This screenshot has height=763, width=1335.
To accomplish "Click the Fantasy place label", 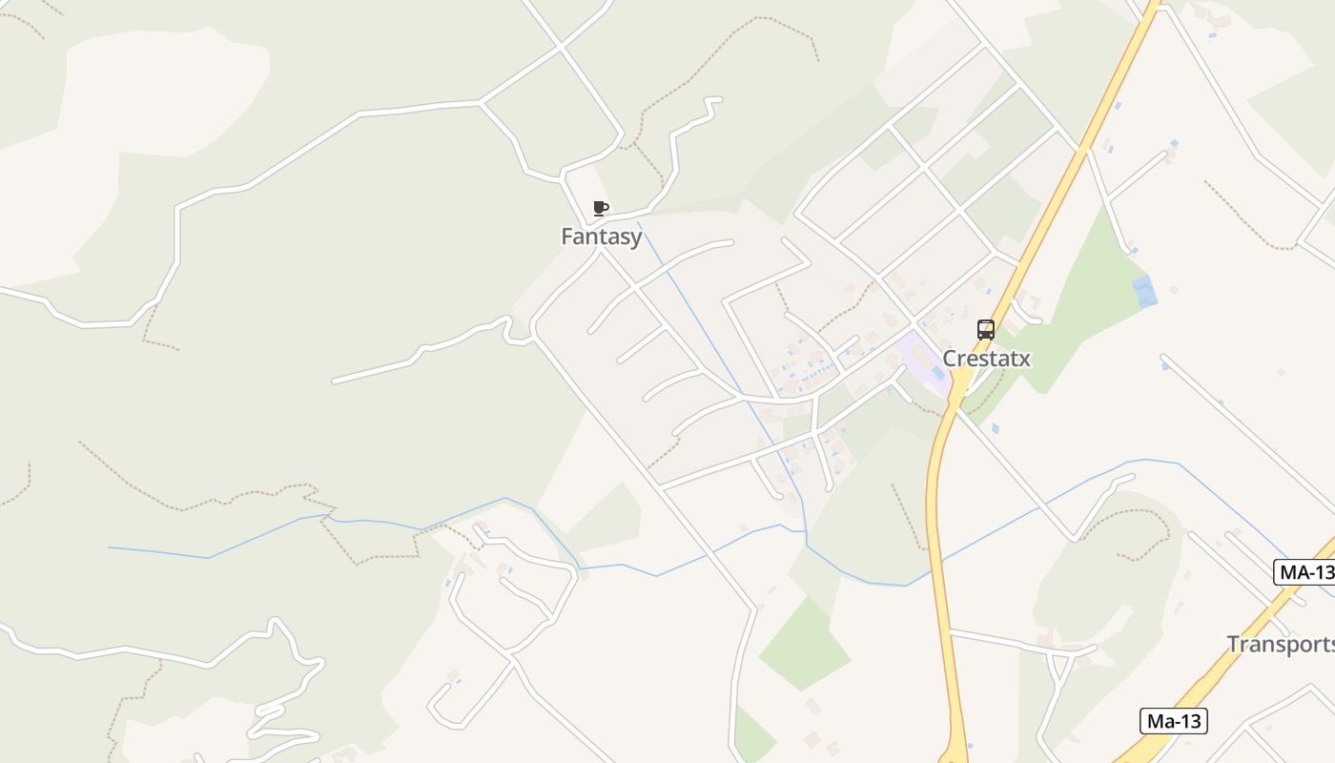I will (x=601, y=237).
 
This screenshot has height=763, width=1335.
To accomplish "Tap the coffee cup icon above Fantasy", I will (x=600, y=208).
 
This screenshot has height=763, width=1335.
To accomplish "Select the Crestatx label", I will (x=986, y=359).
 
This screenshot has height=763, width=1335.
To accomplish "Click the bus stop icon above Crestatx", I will (x=986, y=330).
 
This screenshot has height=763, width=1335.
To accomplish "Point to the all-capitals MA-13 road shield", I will (x=1305, y=572).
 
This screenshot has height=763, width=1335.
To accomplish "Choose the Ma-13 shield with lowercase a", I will (x=1173, y=721).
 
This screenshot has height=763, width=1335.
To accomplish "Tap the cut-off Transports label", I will (x=1280, y=644).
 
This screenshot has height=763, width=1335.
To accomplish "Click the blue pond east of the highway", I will (x=1143, y=291).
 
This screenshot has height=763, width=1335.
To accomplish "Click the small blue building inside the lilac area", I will (x=937, y=373).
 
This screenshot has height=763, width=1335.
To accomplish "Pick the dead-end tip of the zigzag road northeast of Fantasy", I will (x=717, y=98).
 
